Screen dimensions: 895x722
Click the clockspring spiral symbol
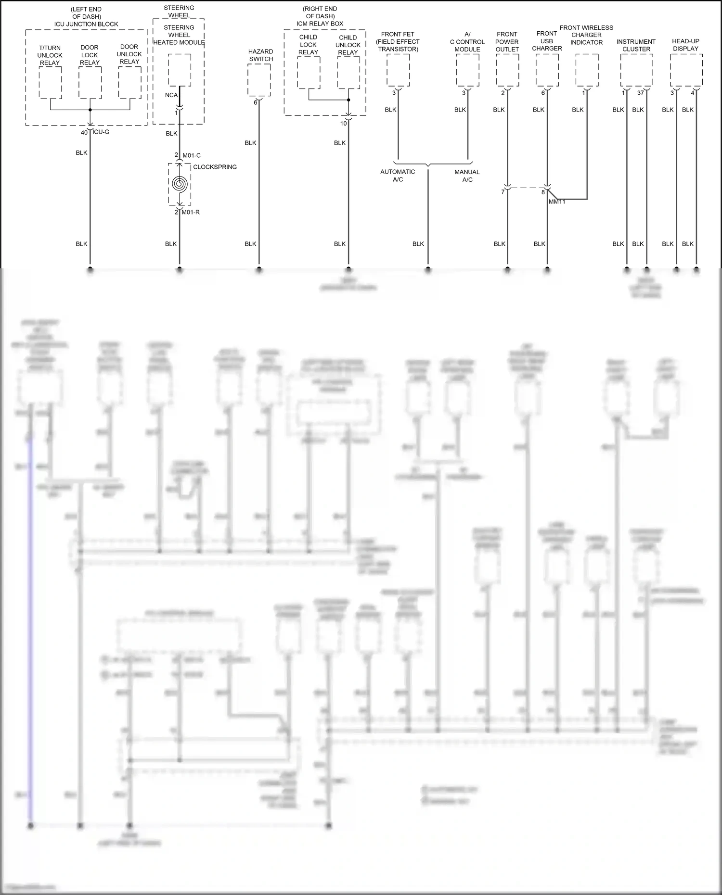[x=180, y=184]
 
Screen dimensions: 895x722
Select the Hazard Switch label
[x=261, y=55]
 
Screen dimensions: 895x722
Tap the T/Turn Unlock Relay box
[x=50, y=83]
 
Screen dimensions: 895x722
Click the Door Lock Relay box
[x=90, y=83]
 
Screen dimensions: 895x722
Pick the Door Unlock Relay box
[x=129, y=83]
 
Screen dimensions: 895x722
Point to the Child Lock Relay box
[x=309, y=73]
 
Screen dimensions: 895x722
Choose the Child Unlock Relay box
[x=348, y=73]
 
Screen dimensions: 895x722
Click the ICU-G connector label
[x=101, y=132]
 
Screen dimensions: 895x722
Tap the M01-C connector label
[x=192, y=155]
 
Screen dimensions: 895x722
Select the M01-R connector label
[x=191, y=212]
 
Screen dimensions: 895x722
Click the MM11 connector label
[x=557, y=202]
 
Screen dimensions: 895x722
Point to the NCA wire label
[x=171, y=95]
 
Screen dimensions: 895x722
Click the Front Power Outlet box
[x=507, y=70]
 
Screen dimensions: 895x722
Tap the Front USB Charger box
[x=547, y=70]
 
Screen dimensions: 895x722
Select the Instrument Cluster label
[x=636, y=45]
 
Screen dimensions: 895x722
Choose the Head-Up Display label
[x=685, y=45]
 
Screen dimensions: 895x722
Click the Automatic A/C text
[x=398, y=176]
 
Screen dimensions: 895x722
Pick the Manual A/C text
[x=467, y=176]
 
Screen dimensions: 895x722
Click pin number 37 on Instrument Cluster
[x=640, y=93]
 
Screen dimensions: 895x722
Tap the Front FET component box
[x=398, y=70]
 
